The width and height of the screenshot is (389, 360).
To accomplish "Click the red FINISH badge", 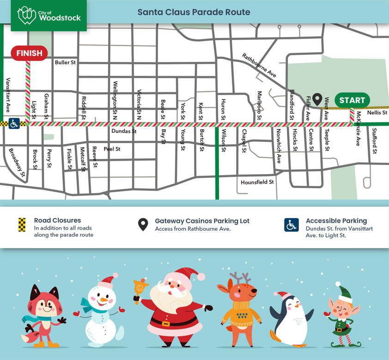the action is coord(29,53).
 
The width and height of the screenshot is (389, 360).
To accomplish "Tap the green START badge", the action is coord(352,100).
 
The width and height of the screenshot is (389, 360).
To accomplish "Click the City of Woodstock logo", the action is coord(49,16).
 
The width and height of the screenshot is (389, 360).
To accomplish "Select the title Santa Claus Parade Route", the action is coord(194,12).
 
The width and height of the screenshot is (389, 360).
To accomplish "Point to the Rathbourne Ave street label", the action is coord(259,65).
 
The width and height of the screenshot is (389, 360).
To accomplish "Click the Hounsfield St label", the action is coord(257,182).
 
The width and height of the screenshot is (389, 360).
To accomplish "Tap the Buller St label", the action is coord(65,62).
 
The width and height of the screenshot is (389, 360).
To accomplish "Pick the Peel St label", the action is coord(112,149).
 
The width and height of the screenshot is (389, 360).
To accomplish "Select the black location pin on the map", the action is coord(317,98).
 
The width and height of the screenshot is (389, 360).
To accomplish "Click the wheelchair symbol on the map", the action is coord(14,124).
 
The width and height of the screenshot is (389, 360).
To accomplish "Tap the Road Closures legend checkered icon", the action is coord(21,224).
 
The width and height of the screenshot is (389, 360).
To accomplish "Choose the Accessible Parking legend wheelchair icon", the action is coord(291,225).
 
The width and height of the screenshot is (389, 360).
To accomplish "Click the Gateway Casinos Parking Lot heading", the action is coord(202,221).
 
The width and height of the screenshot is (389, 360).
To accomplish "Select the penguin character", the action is coord(290,319).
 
